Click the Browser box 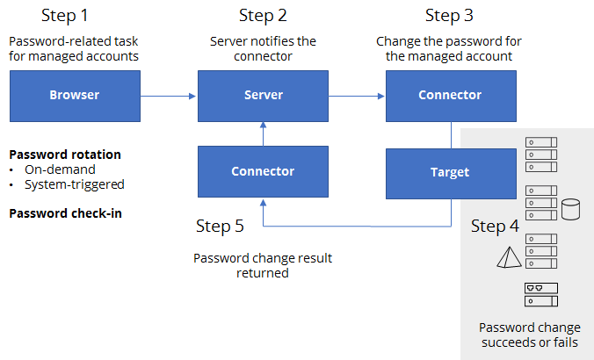tap(75, 96)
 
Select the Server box tap(263, 96)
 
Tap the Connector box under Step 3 tap(451, 96)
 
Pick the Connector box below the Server tap(263, 171)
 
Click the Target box tap(451, 173)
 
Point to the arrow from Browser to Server tap(168, 97)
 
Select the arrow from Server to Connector tap(357, 97)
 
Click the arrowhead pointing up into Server tap(263, 125)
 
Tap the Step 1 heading tap(65, 16)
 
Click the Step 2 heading tap(263, 16)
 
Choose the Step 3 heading tap(449, 16)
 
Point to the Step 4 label tap(495, 226)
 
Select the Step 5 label tap(220, 226)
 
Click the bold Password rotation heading tap(65, 155)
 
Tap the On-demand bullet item tap(60, 169)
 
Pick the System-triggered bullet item tap(74, 184)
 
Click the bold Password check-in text tap(66, 213)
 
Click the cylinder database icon tap(570, 209)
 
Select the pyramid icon tap(509, 257)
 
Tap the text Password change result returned tap(263, 265)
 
